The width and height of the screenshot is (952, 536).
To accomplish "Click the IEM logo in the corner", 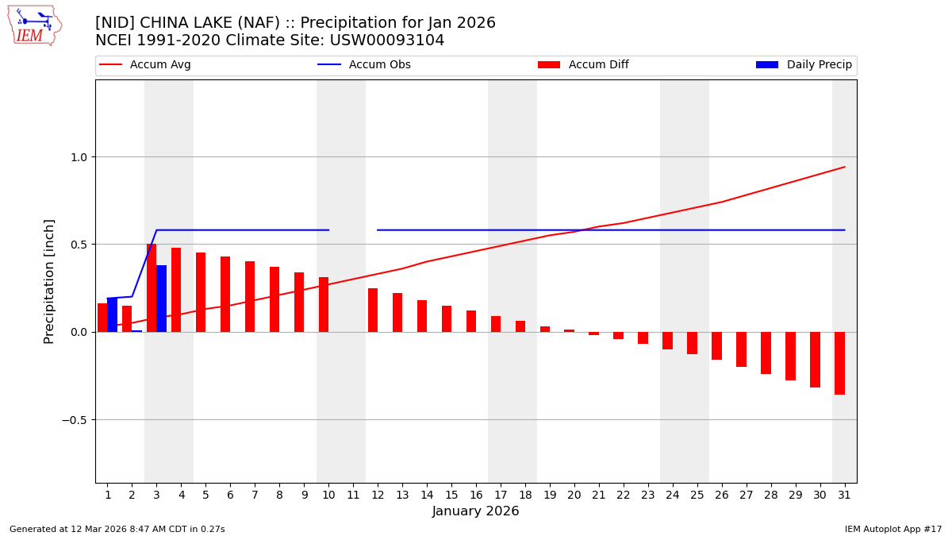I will pos(34,25).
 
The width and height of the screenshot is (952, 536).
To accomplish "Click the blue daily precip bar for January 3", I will pos(162,299).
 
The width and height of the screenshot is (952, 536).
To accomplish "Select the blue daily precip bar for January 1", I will pos(113,315).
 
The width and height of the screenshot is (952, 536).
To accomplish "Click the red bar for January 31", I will pos(839,363).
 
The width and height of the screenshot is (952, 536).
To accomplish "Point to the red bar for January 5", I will pos(201,292).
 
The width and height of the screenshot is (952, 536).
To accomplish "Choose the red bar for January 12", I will pos(373,310).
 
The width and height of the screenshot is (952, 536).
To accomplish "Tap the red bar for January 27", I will pos(741,349).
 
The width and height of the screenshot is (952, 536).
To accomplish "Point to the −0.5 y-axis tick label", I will pos(75,420).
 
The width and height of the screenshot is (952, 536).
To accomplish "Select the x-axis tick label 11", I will pos(353,496).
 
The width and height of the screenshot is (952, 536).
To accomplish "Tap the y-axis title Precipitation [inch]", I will pos(49,281).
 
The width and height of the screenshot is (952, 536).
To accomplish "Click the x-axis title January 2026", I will pos(475,512).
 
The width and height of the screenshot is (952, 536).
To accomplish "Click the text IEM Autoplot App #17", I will pos(893,530).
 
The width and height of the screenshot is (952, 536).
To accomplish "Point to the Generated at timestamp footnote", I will pos(117,530).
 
